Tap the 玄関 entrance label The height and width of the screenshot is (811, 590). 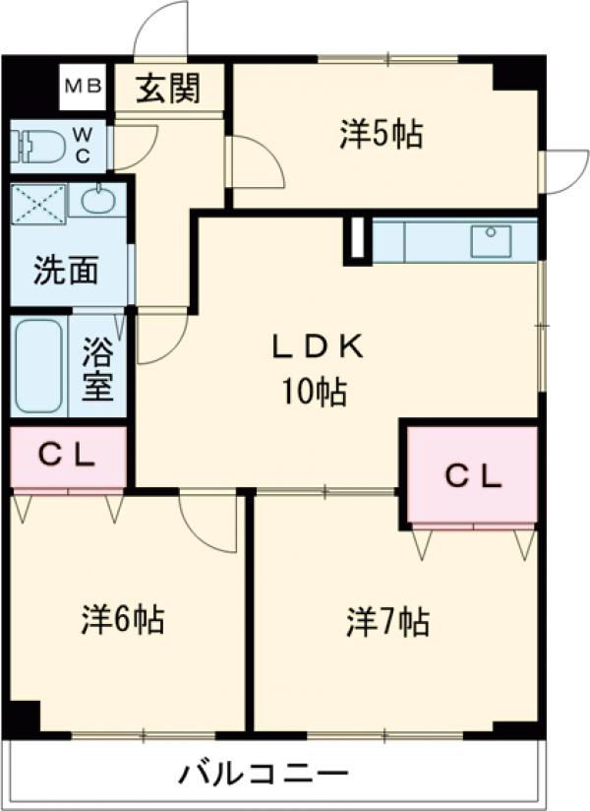[x=168, y=89]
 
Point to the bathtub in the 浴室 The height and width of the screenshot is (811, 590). [x=39, y=365]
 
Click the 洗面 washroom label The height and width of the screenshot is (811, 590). [x=66, y=271]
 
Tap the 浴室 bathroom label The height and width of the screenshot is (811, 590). [x=97, y=367]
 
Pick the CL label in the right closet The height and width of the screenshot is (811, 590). [x=473, y=476]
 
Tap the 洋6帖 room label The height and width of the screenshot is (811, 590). [x=122, y=619]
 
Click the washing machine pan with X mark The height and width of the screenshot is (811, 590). [x=38, y=204]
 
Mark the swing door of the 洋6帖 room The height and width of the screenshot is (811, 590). [x=208, y=520]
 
